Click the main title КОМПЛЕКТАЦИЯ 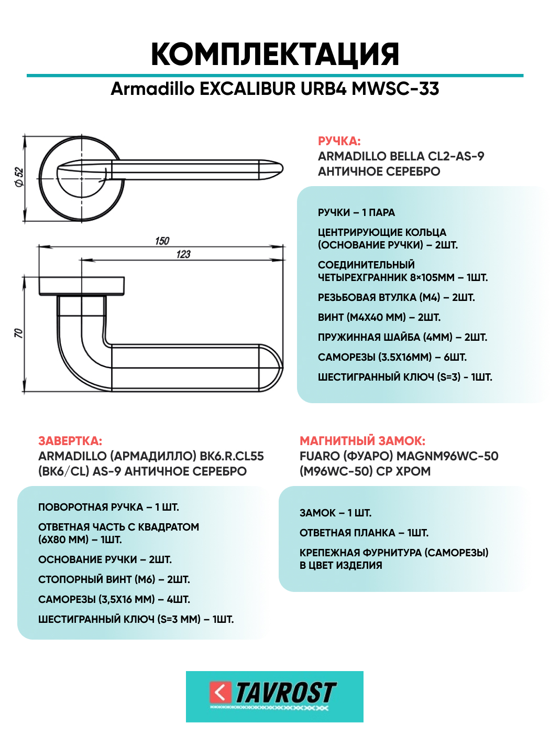[x=275, y=54]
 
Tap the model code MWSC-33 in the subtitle [x=395, y=89]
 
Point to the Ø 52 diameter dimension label [x=19, y=177]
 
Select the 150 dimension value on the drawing [x=162, y=241]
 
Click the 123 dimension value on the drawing [x=183, y=254]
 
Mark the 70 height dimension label [x=18, y=333]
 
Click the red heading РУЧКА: [x=339, y=141]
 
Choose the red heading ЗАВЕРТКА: [x=70, y=441]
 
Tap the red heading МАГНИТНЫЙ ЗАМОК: [x=362, y=441]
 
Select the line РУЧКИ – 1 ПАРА [x=356, y=212]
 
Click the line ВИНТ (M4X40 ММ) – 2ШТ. [x=379, y=317]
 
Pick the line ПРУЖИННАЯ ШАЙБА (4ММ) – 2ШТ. [x=402, y=337]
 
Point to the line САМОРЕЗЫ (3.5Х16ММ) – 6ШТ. [x=392, y=357]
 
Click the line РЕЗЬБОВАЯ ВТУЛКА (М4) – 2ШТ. [x=396, y=297]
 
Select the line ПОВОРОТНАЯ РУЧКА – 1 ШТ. [x=108, y=507]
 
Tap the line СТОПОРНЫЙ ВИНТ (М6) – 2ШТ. [x=114, y=579]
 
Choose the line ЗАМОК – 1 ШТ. [x=335, y=513]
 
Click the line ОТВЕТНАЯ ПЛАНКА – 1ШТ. [x=364, y=533]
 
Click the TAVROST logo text [x=285, y=693]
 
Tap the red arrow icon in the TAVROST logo [x=220, y=693]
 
